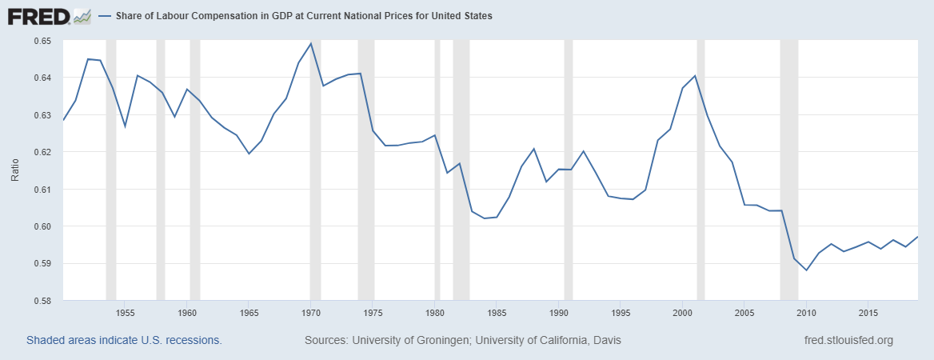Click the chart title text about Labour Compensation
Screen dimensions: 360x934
pos(304,16)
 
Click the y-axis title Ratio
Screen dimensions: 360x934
pos(15,169)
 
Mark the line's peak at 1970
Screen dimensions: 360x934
pos(310,43)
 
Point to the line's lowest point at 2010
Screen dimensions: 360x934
pos(806,270)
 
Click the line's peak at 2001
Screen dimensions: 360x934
pos(695,76)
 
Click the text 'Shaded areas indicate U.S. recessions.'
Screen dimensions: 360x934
pos(124,340)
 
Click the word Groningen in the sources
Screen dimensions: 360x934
pos(438,340)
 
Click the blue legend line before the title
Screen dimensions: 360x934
pos(105,16)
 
